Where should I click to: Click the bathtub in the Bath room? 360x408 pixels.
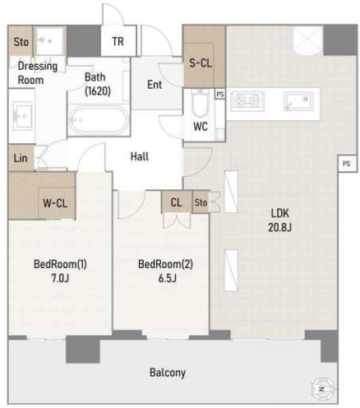click(99, 120)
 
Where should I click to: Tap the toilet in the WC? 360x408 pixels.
click(201, 103)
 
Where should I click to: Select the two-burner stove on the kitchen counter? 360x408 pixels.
click(247, 101)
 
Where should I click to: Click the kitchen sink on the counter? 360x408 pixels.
click(298, 101)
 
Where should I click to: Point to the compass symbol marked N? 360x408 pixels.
click(322, 389)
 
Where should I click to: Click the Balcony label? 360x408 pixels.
click(168, 373)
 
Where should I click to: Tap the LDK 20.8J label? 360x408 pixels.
click(279, 220)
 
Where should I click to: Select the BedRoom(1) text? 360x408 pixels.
click(60, 264)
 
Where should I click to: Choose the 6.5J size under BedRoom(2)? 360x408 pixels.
click(167, 278)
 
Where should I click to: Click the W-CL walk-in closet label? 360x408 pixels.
click(55, 203)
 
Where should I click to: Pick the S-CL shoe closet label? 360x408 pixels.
click(201, 63)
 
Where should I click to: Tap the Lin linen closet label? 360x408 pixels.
click(21, 158)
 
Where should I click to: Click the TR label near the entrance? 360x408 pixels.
click(118, 41)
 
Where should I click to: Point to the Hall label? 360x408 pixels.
click(140, 156)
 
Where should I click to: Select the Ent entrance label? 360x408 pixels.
click(155, 85)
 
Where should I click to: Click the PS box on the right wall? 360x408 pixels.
click(347, 164)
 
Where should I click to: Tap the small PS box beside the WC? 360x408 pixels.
click(220, 94)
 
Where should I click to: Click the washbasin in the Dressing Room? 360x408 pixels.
click(22, 115)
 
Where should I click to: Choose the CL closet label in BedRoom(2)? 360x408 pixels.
click(176, 202)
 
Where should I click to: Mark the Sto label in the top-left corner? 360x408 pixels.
click(21, 42)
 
